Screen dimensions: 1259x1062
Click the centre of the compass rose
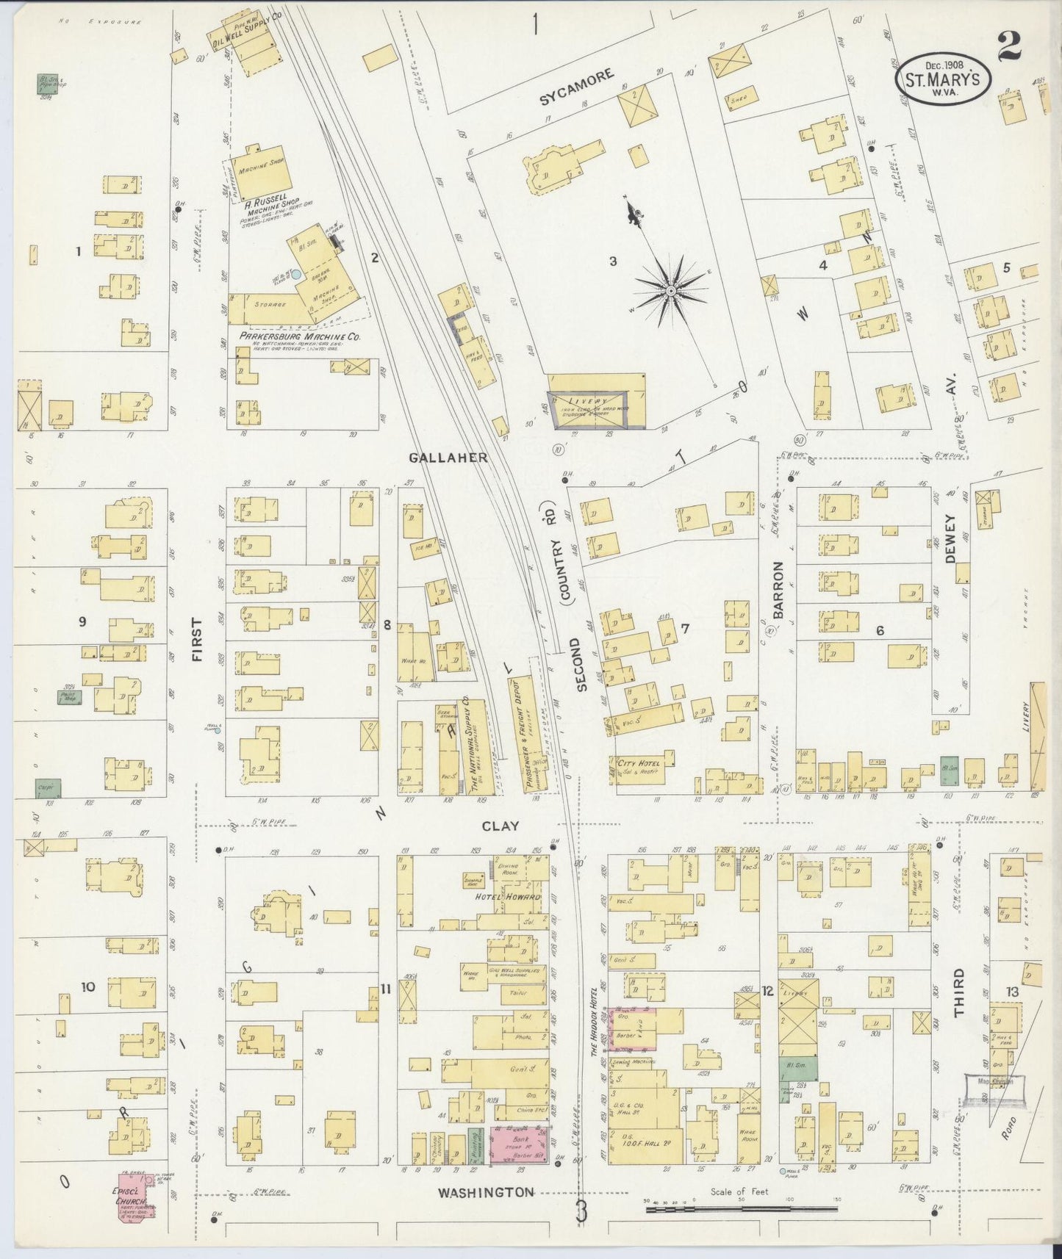670,292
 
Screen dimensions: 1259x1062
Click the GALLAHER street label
448,457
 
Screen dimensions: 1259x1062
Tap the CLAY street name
500,826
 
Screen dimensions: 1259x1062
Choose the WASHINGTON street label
486,1193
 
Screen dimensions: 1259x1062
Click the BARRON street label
779,590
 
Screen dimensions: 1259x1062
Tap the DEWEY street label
950,539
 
